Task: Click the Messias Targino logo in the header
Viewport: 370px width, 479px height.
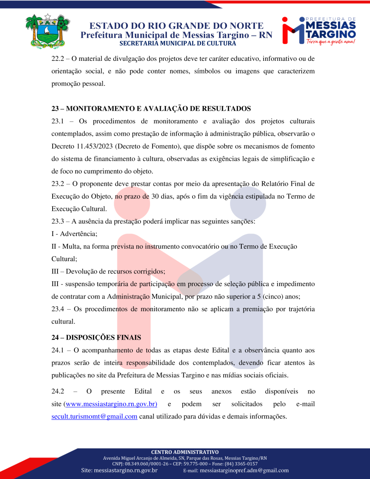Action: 319,30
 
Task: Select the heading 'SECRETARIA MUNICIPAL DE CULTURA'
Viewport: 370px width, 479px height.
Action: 178,44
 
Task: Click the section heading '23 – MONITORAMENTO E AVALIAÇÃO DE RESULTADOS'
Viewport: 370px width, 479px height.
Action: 151,109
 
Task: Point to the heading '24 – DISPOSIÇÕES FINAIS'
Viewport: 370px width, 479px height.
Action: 96,338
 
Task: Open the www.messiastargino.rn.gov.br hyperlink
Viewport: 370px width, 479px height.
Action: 111,404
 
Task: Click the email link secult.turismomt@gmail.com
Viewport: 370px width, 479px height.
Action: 94,417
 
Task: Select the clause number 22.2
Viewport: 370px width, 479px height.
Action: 58,59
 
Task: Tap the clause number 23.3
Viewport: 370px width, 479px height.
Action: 58,222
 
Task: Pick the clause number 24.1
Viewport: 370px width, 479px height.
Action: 58,350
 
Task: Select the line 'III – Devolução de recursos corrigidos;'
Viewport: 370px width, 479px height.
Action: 108,271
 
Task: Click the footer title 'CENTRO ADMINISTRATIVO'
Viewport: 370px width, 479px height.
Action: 185,452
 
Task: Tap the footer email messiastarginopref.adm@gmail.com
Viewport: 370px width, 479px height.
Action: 244,470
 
